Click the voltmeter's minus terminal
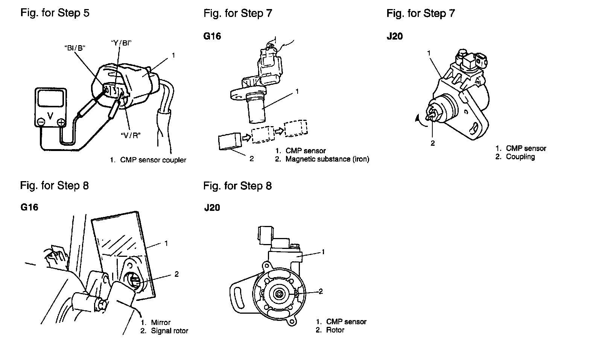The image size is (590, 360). click(x=41, y=122)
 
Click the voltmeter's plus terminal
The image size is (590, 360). click(x=61, y=122)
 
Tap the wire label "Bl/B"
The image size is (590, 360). click(x=75, y=48)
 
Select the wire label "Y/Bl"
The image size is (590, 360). click(x=121, y=43)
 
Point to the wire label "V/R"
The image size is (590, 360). click(x=131, y=136)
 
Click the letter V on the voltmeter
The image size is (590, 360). click(x=50, y=116)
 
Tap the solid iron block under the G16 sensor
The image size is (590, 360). click(x=230, y=141)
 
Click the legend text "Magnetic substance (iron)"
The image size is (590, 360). click(x=327, y=159)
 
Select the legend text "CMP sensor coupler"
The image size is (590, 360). click(x=153, y=160)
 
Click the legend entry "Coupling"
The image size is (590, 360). click(x=520, y=157)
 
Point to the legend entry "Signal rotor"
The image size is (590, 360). click(x=169, y=331)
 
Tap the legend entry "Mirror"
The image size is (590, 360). click(x=161, y=322)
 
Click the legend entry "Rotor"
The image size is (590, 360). click(x=335, y=330)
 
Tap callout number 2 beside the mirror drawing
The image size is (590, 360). click(x=176, y=274)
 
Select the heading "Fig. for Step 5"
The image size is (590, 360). click(x=55, y=13)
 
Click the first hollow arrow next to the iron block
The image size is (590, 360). click(x=246, y=137)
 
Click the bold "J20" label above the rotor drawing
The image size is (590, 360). click(x=212, y=207)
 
